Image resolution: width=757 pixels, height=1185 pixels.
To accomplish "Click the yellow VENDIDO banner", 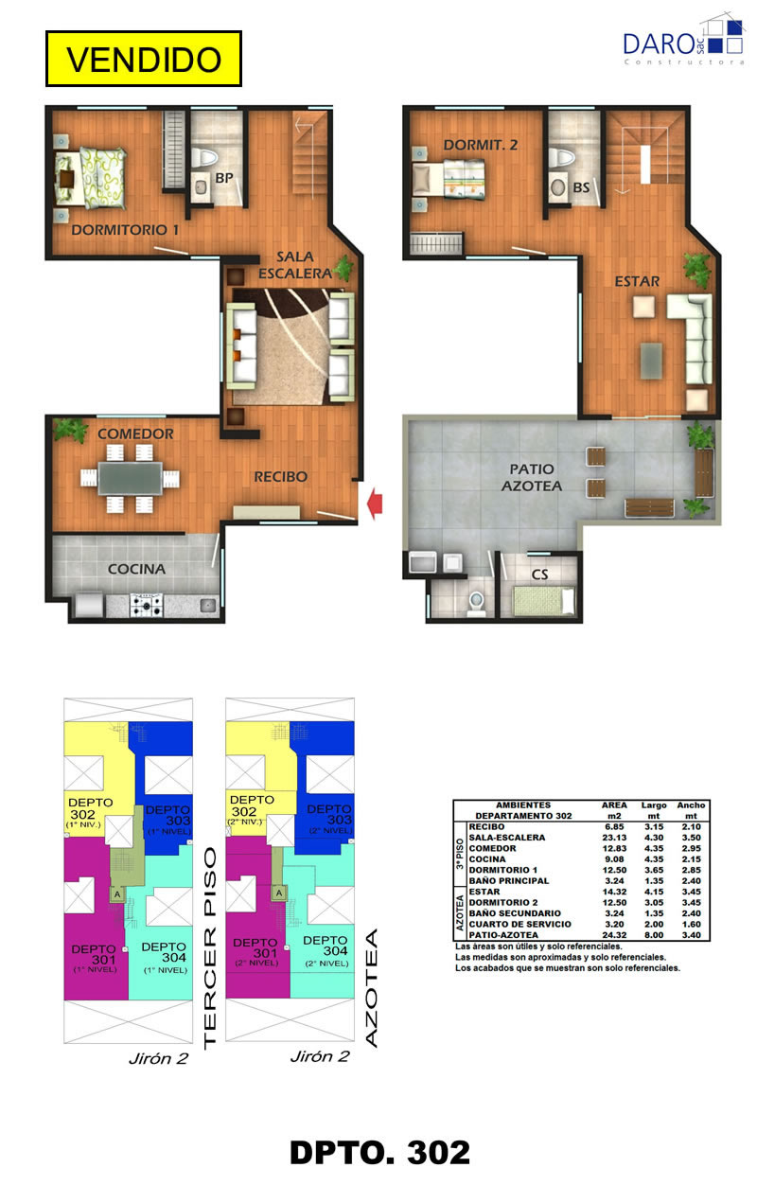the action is [x=144, y=59].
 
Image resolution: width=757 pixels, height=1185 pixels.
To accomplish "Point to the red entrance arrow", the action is [x=375, y=504].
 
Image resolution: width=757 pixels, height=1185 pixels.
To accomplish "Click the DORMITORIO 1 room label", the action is [x=125, y=230].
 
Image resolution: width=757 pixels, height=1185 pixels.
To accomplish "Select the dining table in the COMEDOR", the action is [x=131, y=479].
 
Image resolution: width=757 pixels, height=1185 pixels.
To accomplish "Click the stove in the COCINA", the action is [x=147, y=605].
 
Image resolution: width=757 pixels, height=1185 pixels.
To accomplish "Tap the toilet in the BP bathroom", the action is [x=203, y=157].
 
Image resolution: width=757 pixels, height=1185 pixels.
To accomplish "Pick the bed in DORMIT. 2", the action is [x=449, y=179].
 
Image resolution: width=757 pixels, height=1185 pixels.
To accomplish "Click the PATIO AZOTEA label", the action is [x=531, y=477].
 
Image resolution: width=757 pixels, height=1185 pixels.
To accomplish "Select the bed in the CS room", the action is [x=544, y=601].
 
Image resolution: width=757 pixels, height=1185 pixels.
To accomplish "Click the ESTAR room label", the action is [x=637, y=281].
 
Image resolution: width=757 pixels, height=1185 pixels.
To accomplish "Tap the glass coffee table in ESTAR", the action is [x=651, y=361].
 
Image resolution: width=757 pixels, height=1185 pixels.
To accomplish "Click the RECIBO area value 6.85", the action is [x=613, y=827].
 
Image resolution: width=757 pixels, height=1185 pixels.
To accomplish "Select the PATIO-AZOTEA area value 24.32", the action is [x=613, y=935].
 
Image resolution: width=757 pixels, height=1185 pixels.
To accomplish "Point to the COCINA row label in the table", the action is [x=486, y=859].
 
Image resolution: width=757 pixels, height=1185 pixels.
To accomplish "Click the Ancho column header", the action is [x=691, y=805].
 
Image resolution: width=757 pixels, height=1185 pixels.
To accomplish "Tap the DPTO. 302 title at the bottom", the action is [x=379, y=1152].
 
